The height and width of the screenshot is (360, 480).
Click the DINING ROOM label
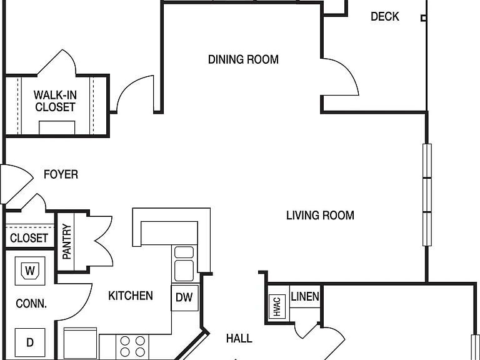pyautogui.click(x=243, y=59)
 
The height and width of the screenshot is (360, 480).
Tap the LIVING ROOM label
pyautogui.click(x=320, y=216)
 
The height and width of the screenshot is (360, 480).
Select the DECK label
pyautogui.click(x=385, y=16)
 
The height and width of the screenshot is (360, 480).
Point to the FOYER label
pyautogui.click(x=61, y=174)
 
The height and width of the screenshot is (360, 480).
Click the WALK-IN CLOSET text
pyautogui.click(x=55, y=101)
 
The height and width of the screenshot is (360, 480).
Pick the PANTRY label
pyautogui.click(x=67, y=242)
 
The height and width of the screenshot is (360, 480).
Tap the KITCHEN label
pyautogui.click(x=131, y=296)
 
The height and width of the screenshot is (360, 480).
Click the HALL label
pyautogui.click(x=239, y=338)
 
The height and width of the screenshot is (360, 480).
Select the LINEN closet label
pyautogui.click(x=305, y=296)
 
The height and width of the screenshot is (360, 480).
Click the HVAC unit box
pyautogui.click(x=277, y=307)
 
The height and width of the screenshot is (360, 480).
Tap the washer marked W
pyautogui.click(x=30, y=271)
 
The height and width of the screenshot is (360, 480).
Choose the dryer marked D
pyautogui.click(x=30, y=342)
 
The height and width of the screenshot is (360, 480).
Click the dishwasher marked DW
pyautogui.click(x=184, y=297)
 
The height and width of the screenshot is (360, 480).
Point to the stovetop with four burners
pyautogui.click(x=132, y=346)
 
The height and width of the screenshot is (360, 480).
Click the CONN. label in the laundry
pyautogui.click(x=31, y=304)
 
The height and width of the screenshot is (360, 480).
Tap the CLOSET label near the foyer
pyautogui.click(x=29, y=238)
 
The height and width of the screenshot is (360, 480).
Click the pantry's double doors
pyautogui.click(x=101, y=241)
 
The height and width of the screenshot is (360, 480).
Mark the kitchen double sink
pyautogui.click(x=184, y=264)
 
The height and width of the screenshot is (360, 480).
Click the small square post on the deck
pyautogui.click(x=423, y=18)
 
